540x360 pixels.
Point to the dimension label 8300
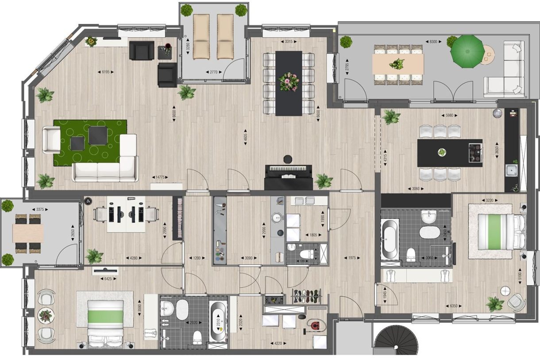tap(433, 42)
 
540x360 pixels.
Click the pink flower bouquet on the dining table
tap(289, 82)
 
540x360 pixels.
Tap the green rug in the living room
tap(90, 143)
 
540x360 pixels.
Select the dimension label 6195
tap(105, 71)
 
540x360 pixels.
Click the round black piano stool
tap(288, 159)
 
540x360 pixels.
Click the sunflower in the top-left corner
tap(92, 41)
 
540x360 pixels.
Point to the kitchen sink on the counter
tap(512, 169)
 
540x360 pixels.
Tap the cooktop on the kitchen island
tap(476, 153)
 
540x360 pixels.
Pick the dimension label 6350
tap(452, 306)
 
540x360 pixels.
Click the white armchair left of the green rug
tap(51, 139)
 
